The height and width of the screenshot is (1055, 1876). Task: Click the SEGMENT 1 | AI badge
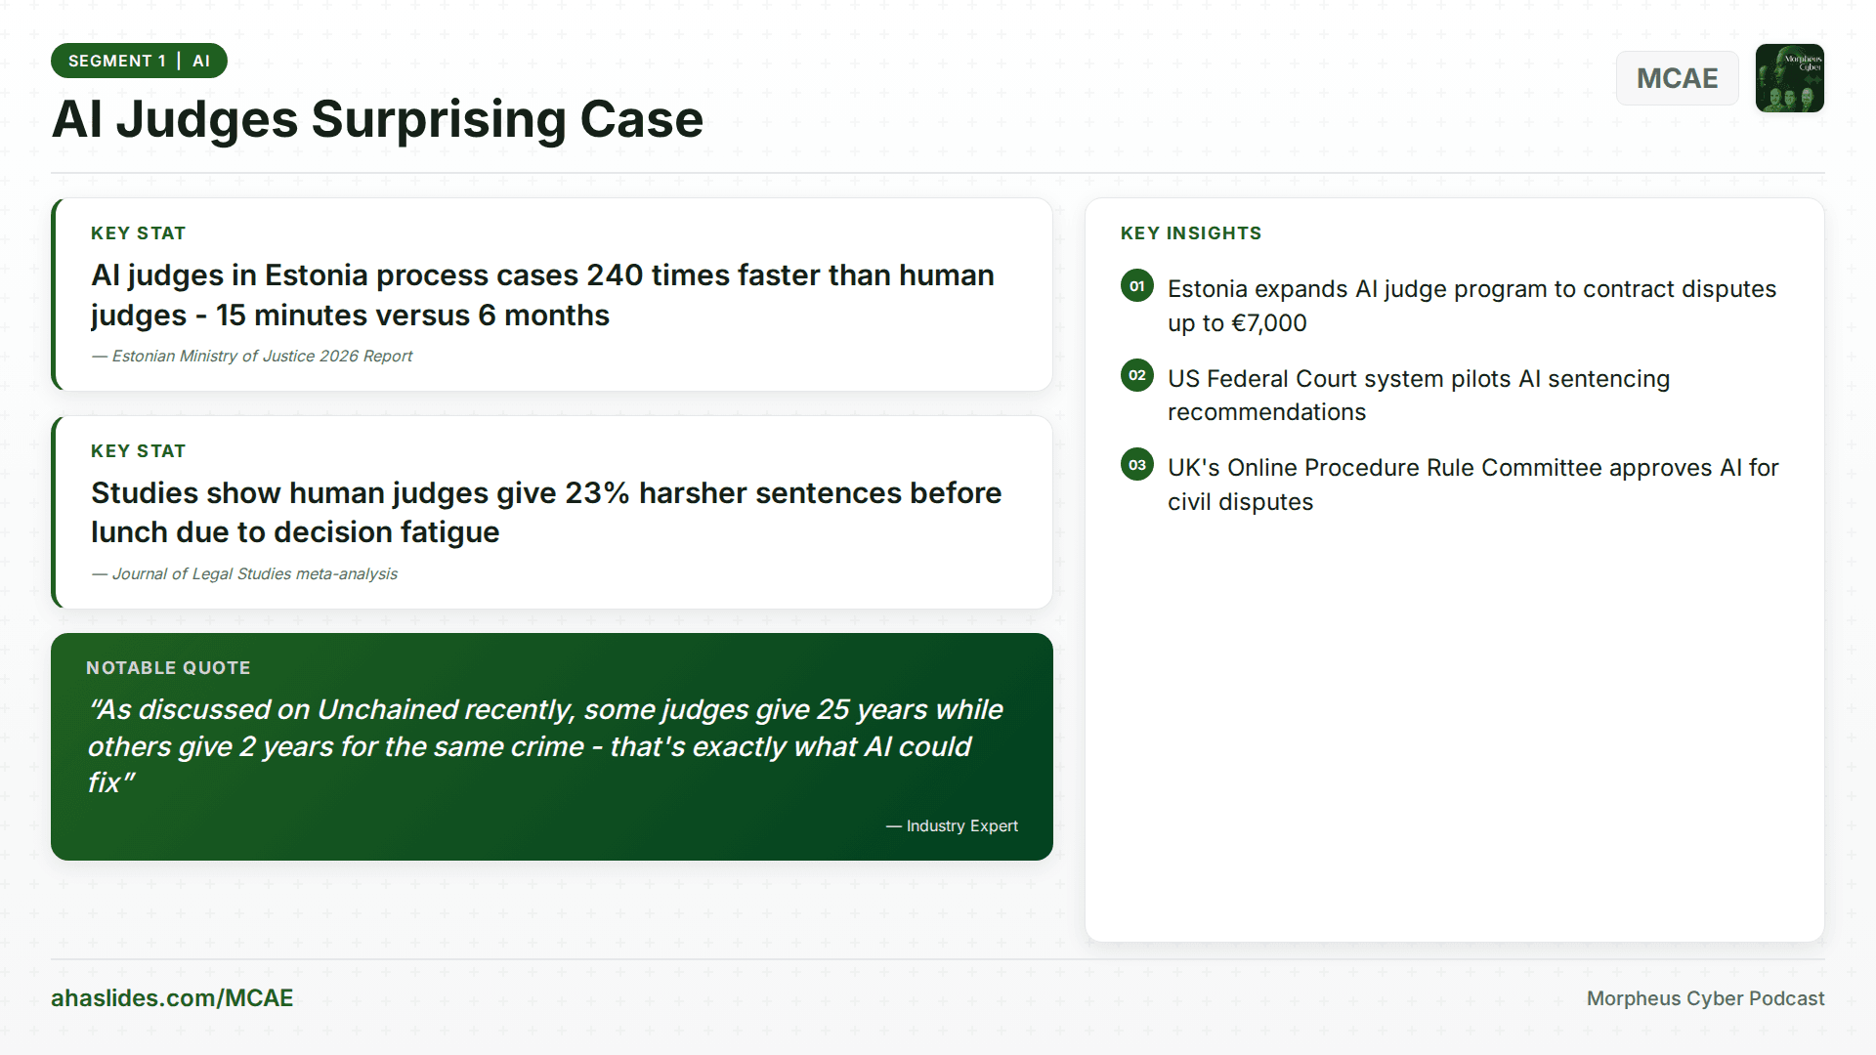pyautogui.click(x=139, y=61)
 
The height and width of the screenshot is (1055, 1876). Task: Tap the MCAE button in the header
pyautogui.click(x=1677, y=78)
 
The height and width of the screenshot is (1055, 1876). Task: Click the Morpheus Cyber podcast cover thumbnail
pyautogui.click(x=1789, y=78)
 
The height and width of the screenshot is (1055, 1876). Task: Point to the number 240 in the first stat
pyautogui.click(x=615, y=275)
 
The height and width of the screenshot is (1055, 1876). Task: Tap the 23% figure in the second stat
pyautogui.click(x=596, y=493)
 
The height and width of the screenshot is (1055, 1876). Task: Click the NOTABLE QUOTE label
pyautogui.click(x=168, y=668)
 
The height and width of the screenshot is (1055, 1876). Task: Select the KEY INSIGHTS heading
pyautogui.click(x=1191, y=233)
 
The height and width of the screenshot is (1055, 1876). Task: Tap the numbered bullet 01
pyautogui.click(x=1137, y=286)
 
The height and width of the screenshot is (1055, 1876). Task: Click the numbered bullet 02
pyautogui.click(x=1137, y=375)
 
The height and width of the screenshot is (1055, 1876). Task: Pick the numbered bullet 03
pyautogui.click(x=1137, y=465)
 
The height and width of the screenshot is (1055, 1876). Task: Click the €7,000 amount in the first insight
pyautogui.click(x=1268, y=323)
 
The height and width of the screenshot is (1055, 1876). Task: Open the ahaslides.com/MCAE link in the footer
pyautogui.click(x=172, y=998)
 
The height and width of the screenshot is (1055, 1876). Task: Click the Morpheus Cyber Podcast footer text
pyautogui.click(x=1705, y=998)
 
